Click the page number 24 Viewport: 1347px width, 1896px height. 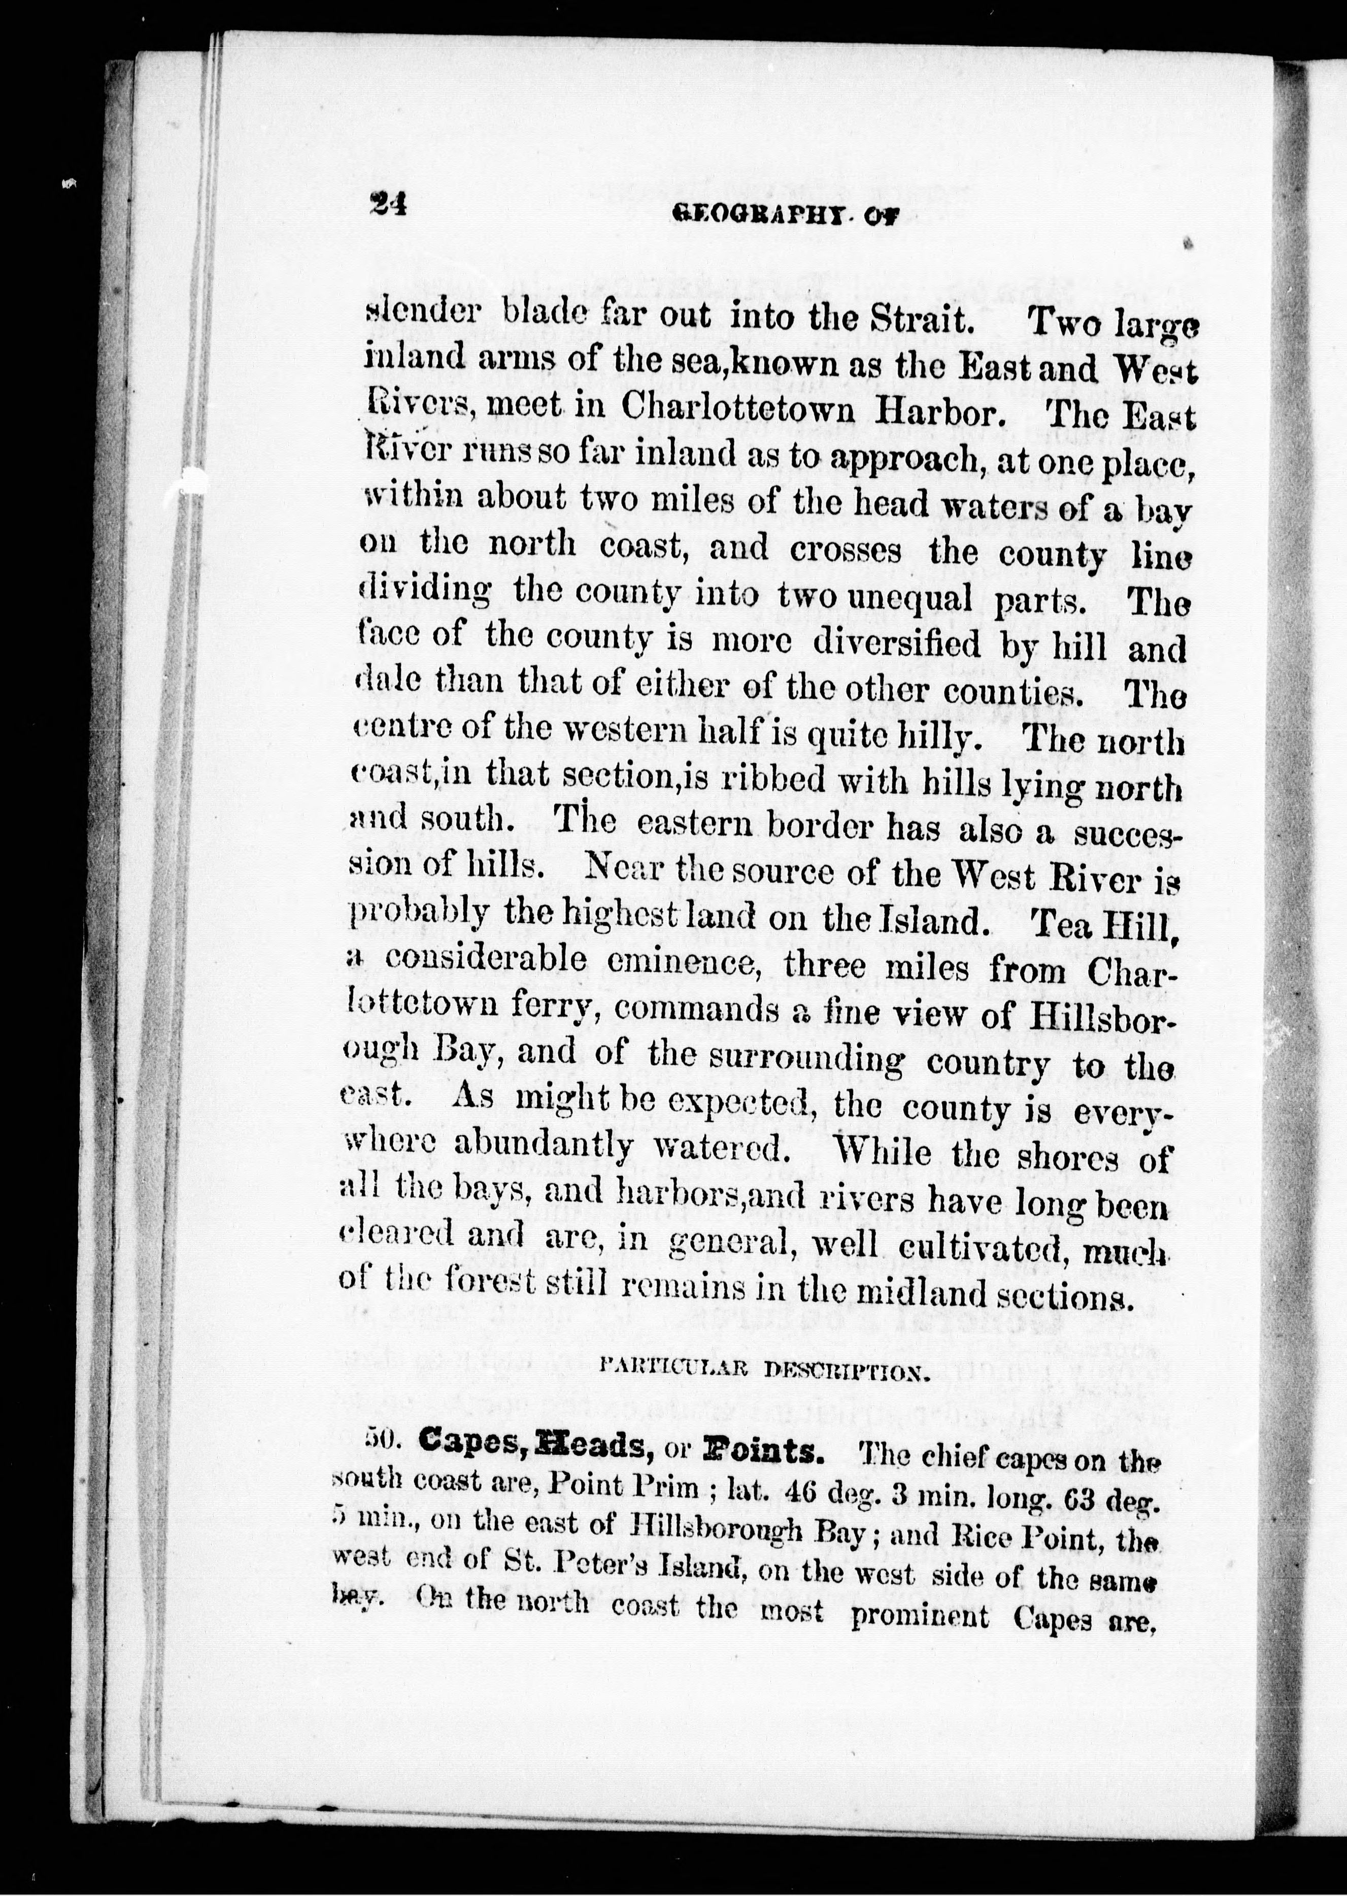pos(387,203)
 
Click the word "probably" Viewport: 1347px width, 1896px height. pos(412,915)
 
